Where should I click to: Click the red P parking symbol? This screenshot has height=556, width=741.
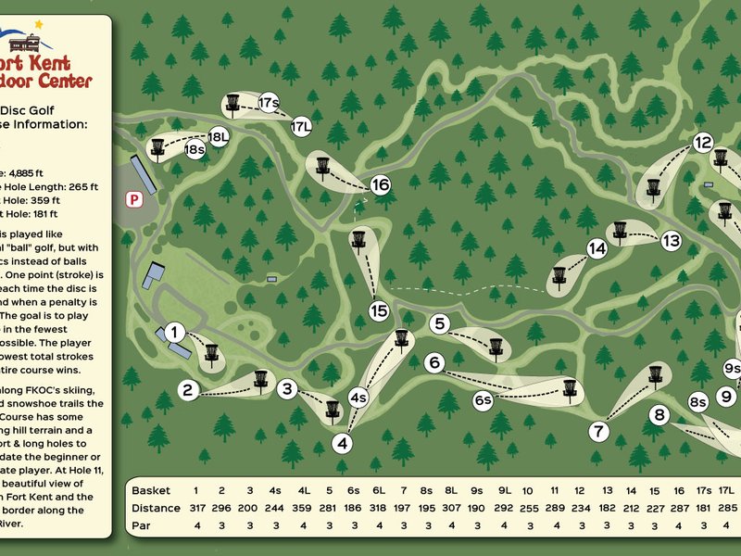coord(134,198)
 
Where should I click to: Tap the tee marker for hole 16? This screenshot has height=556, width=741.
coord(381,185)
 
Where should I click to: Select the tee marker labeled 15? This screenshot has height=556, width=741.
coord(378,311)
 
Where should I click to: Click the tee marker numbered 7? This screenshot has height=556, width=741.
coord(599,431)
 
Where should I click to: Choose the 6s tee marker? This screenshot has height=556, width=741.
coord(483,400)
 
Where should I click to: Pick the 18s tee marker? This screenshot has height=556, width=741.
coord(195,148)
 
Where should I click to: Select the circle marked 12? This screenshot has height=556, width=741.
coord(702,143)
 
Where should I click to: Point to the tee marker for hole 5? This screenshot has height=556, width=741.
coord(440,323)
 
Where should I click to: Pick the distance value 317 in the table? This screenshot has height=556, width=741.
coord(196,508)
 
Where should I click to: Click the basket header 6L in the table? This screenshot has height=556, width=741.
coord(378,490)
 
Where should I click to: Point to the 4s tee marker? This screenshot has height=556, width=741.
coord(358,399)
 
